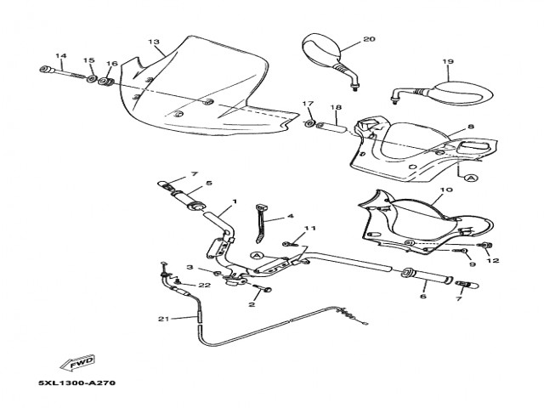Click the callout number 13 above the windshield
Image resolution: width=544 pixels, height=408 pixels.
[x=154, y=42]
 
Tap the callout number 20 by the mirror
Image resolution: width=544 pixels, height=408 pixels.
[x=368, y=39]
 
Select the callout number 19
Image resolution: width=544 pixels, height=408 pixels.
[x=448, y=61]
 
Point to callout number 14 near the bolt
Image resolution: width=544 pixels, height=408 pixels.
[x=60, y=56]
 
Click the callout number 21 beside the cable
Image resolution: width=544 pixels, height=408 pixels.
[x=164, y=319]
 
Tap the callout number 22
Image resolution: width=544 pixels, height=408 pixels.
[x=204, y=286]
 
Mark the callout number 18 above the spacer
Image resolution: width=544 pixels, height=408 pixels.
[x=336, y=108]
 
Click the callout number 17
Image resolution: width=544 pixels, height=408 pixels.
[x=309, y=104]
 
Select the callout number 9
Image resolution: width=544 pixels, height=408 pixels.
[x=471, y=265]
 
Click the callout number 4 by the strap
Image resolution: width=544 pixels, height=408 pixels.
[x=290, y=216]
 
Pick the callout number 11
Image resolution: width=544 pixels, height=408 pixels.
[x=310, y=229]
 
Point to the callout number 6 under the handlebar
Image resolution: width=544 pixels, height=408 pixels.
[x=422, y=297]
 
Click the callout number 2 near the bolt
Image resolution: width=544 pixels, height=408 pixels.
[x=252, y=303]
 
